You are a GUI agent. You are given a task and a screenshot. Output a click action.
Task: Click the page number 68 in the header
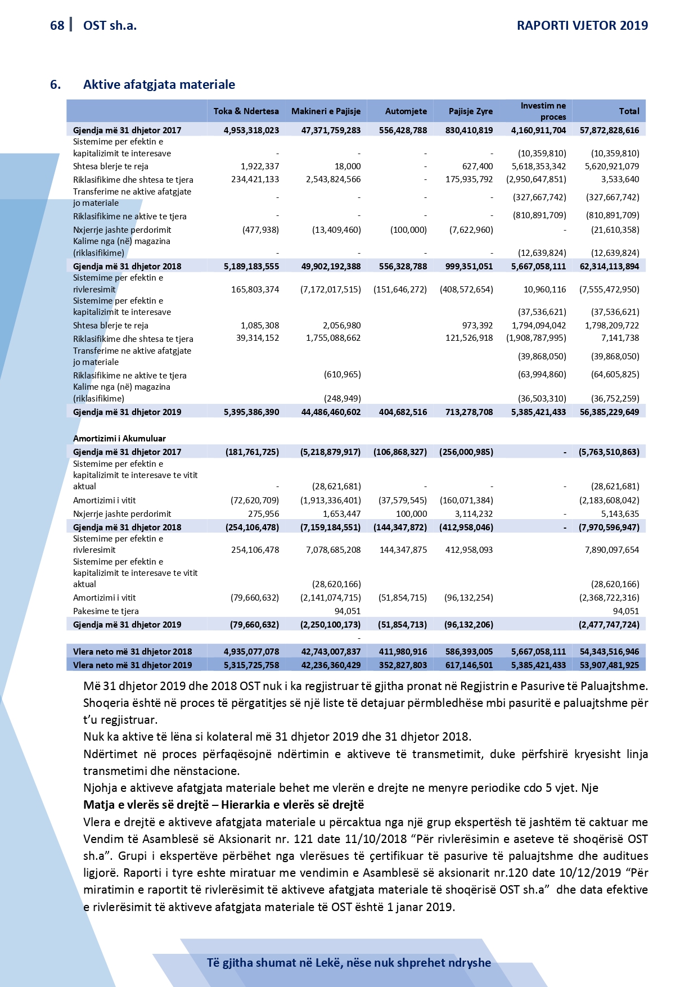click(x=57, y=25)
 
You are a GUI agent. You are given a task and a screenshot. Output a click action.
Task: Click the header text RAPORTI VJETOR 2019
click(x=582, y=25)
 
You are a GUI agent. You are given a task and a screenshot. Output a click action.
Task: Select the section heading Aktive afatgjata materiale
click(x=159, y=84)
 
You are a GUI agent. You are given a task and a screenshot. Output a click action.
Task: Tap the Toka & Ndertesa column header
click(x=246, y=111)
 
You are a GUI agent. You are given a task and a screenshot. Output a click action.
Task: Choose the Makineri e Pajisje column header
click(x=326, y=111)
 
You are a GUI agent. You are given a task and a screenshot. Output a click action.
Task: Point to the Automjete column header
click(x=406, y=111)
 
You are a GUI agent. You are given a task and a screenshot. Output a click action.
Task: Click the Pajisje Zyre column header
click(x=470, y=111)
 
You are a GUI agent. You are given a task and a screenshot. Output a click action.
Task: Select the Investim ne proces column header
click(x=543, y=111)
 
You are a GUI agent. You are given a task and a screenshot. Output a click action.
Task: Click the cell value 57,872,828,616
click(x=609, y=130)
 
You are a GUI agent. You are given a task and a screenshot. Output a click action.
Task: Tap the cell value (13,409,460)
click(x=336, y=229)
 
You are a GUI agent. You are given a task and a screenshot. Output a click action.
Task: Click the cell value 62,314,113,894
click(x=609, y=267)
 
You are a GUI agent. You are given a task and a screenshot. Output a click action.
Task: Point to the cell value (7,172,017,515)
click(x=330, y=290)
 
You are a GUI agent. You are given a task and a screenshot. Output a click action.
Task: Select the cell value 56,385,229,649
click(x=609, y=412)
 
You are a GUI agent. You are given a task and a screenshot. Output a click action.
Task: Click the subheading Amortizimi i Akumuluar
click(x=119, y=438)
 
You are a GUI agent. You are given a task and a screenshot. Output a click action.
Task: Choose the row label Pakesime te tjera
click(x=106, y=611)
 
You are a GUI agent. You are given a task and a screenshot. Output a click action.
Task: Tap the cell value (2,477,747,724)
click(x=609, y=625)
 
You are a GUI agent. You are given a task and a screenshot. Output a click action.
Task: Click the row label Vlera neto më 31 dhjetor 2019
click(x=132, y=665)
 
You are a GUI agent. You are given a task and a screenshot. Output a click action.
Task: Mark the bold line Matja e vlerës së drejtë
click(x=223, y=805)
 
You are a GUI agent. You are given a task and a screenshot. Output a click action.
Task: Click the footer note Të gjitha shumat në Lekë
click(x=349, y=963)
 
